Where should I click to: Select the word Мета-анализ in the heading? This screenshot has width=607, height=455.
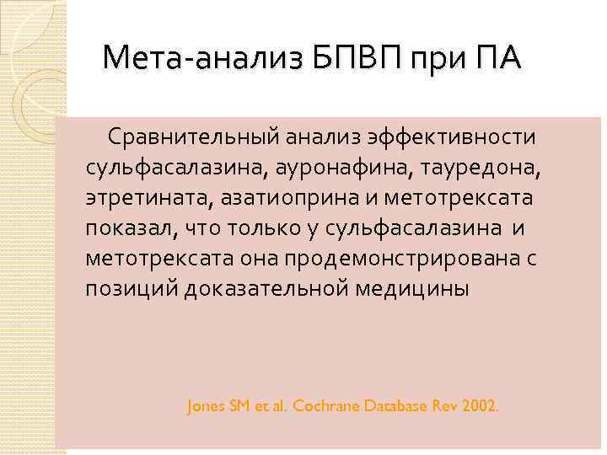click(x=203, y=60)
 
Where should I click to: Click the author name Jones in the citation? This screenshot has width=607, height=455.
click(x=205, y=406)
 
